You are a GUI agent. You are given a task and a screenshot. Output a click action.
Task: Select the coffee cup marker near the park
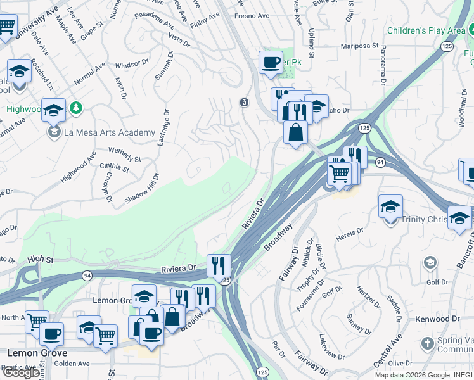point(271,63)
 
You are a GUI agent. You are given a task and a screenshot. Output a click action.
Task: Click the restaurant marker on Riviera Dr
point(219,265)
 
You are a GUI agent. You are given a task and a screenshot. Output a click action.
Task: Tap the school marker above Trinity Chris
point(390,206)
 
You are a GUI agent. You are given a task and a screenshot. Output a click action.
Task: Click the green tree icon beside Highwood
point(76,108)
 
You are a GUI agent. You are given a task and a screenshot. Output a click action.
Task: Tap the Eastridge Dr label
point(165,128)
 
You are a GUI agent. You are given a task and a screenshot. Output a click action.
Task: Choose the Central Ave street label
point(387,349)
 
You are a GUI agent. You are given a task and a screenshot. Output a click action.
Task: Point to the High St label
point(41,259)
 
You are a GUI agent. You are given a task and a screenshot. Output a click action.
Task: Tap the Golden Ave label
point(73,364)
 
